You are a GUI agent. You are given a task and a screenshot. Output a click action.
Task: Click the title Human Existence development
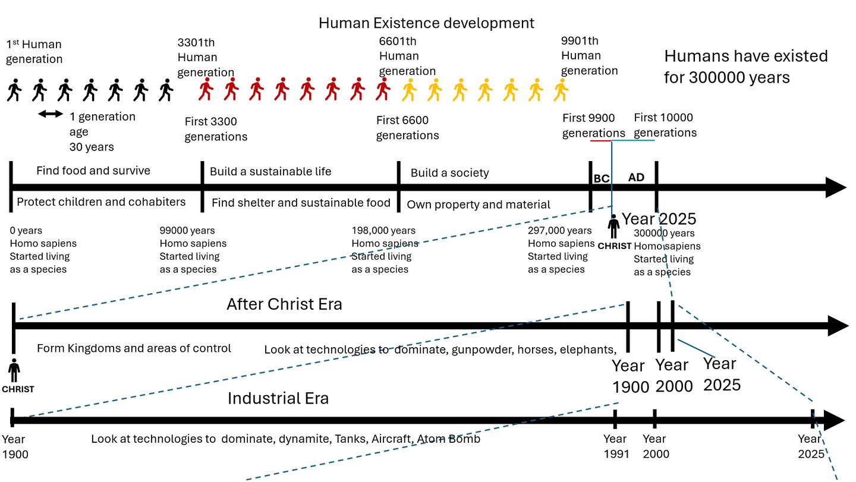click(426, 23)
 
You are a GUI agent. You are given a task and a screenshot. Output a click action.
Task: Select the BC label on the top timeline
click(602, 178)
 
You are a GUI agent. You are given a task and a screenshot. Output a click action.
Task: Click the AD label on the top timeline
click(636, 177)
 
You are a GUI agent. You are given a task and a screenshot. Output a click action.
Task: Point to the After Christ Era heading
click(284, 304)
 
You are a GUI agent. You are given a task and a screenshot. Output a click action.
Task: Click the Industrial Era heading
click(278, 398)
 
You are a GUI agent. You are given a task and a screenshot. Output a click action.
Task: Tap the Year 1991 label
click(615, 446)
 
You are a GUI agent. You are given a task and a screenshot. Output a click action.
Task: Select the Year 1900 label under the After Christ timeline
click(630, 376)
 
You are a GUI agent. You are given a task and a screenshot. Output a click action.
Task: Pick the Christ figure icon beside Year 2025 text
click(613, 226)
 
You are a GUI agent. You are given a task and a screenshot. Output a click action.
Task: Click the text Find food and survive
click(93, 171)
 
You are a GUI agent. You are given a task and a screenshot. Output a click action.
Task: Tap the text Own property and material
click(479, 205)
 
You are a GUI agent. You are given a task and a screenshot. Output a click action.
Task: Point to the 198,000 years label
click(383, 231)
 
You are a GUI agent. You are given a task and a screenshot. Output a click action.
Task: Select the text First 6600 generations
click(407, 128)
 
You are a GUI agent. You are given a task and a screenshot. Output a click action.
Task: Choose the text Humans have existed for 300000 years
click(745, 67)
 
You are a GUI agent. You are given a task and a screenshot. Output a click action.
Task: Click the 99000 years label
click(187, 231)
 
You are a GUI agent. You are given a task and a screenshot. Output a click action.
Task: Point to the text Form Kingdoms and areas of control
click(134, 348)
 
